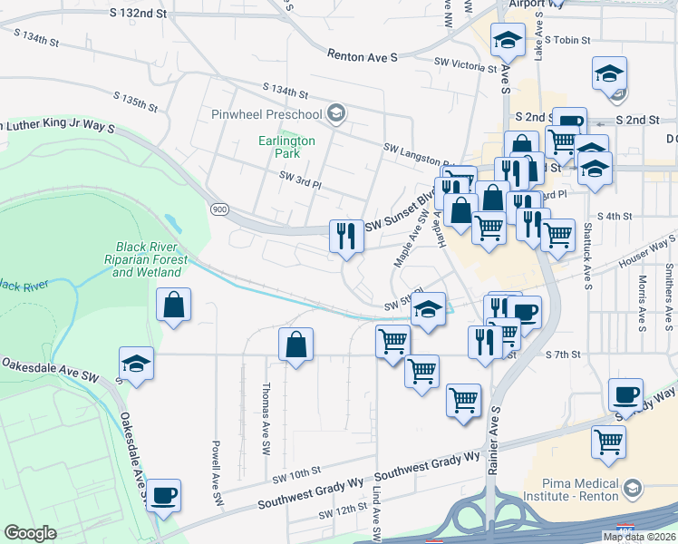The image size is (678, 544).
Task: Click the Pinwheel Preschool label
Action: point(266,114)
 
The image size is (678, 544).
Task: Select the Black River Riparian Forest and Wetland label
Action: point(152,259)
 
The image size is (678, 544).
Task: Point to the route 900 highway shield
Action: point(218,209)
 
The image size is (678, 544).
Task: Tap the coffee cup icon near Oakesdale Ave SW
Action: point(164,495)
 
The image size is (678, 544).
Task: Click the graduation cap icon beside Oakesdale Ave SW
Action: point(136,364)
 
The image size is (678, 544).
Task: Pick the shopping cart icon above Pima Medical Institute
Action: point(608,442)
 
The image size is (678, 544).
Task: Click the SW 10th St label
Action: point(297,471)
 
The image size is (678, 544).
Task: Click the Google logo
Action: point(31,533)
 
